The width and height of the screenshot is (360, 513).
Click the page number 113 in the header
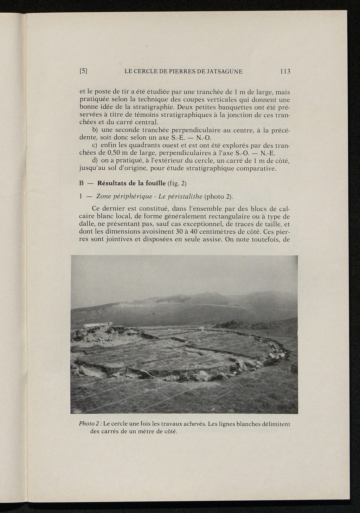(285, 71)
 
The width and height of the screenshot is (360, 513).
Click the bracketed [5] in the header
(83, 71)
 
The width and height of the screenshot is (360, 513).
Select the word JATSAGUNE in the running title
(224, 71)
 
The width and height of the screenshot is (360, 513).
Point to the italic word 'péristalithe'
(185, 196)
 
